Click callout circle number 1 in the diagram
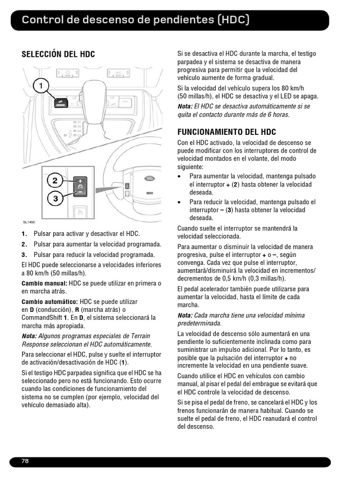coord(41,85)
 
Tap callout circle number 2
coord(55,180)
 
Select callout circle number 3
coord(55,199)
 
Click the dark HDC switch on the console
coord(61,102)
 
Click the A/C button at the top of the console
coord(118,73)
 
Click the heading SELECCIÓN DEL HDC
coord(58,54)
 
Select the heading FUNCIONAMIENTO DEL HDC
coord(227,132)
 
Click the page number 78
coord(25,461)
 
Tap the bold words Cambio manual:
coord(45,284)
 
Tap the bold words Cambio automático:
coord(50,302)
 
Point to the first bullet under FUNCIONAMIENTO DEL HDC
coord(180,177)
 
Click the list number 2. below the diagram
coord(24,244)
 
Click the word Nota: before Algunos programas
coord(29,336)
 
